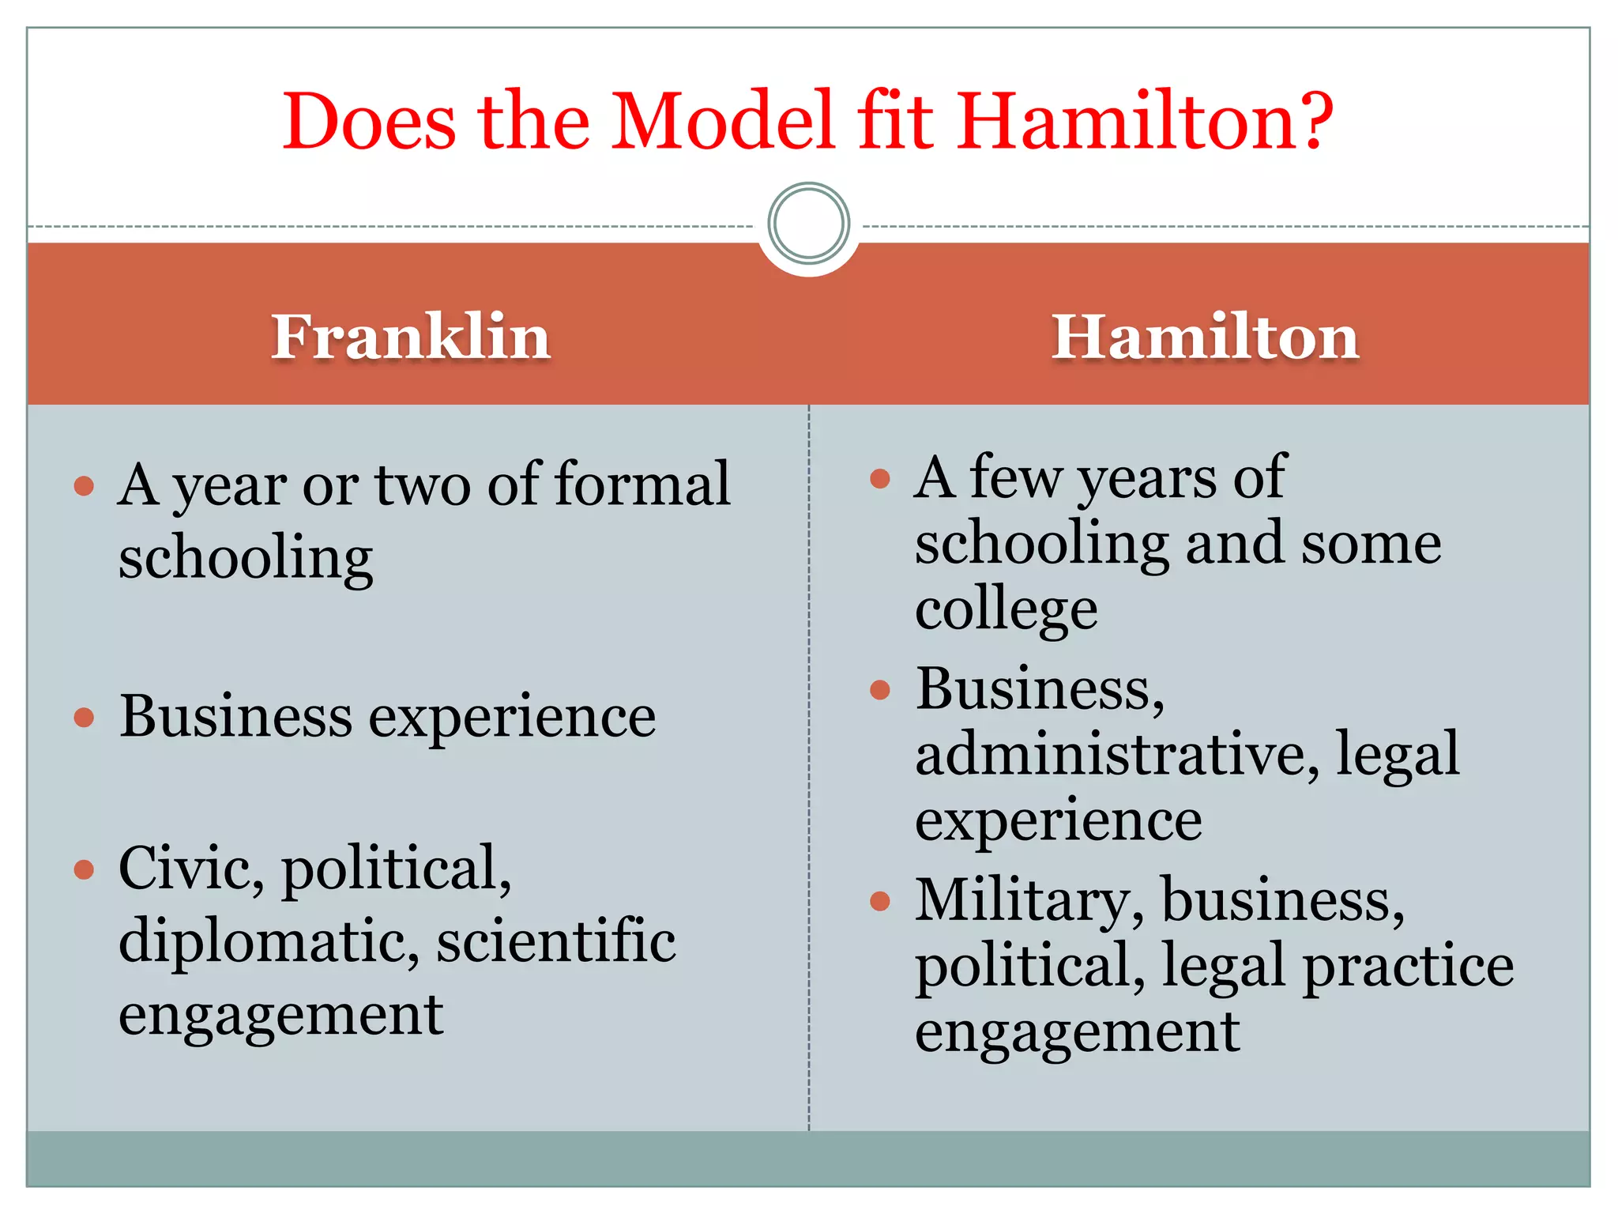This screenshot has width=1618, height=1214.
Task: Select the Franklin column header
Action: click(411, 337)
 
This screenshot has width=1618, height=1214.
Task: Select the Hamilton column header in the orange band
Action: click(1205, 337)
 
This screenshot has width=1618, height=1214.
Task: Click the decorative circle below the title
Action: click(808, 223)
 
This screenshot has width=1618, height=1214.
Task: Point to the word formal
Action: click(642, 483)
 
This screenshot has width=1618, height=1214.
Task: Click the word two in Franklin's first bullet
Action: click(423, 484)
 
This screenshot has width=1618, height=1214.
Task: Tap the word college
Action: click(1006, 610)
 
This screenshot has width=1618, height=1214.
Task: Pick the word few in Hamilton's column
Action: click(1015, 477)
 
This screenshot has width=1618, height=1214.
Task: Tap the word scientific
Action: click(556, 941)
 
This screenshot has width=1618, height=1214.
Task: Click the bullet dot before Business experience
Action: click(84, 717)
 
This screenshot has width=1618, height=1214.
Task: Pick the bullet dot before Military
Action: click(879, 901)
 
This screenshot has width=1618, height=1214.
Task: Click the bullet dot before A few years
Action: click(879, 478)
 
